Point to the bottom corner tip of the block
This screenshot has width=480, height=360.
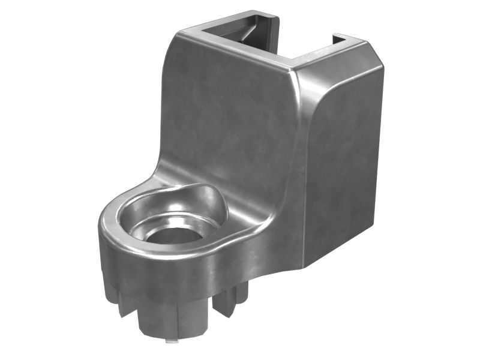click(x=306, y=264)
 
